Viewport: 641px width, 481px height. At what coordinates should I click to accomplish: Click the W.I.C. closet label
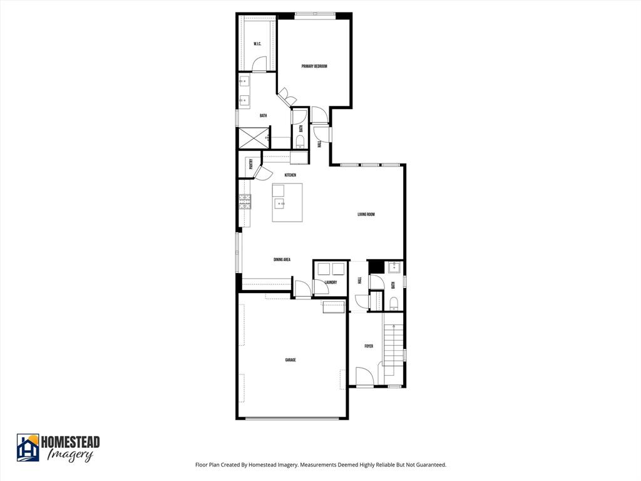[257, 44]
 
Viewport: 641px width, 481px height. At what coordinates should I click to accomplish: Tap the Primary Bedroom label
[314, 66]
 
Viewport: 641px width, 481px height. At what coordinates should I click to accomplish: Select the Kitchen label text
[290, 175]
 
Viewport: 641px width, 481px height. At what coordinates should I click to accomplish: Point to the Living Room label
[366, 215]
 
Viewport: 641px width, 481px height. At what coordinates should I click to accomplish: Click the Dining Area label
[282, 259]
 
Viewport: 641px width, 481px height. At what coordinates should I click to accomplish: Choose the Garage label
[290, 360]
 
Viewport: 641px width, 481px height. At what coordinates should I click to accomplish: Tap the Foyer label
[369, 346]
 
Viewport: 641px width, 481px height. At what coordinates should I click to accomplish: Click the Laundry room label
[331, 282]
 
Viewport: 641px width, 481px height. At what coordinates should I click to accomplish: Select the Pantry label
[251, 164]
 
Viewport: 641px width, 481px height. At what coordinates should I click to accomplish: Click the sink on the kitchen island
[279, 203]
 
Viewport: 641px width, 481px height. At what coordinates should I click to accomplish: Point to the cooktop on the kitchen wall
[245, 202]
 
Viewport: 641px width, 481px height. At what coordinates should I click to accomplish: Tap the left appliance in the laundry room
[324, 269]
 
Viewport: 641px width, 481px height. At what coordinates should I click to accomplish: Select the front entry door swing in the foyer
[364, 376]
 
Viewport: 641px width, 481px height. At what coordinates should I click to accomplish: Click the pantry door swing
[262, 172]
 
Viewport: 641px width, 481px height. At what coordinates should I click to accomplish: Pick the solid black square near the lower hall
[375, 267]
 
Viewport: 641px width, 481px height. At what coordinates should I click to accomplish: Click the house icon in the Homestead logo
[28, 448]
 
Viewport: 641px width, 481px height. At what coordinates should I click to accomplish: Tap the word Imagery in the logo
[70, 455]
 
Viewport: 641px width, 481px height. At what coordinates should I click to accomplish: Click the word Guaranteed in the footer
[428, 465]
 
